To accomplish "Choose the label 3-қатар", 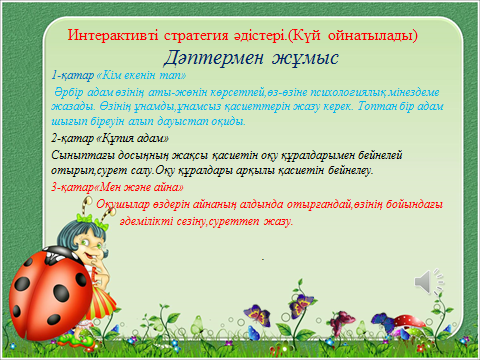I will (72, 189).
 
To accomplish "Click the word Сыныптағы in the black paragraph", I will (82, 155).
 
